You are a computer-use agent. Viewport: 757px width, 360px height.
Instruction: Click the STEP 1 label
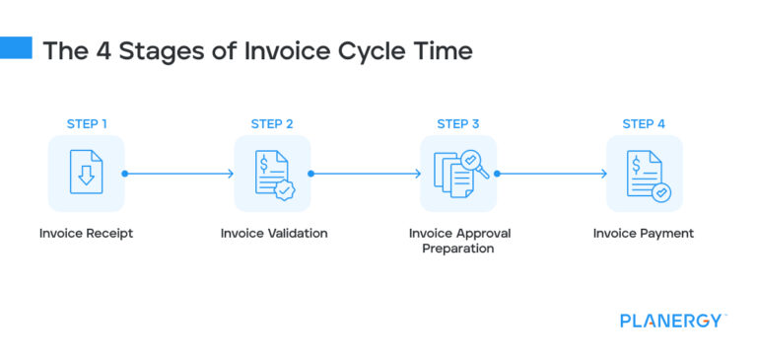87,124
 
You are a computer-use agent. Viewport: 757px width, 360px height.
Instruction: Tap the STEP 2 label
272,124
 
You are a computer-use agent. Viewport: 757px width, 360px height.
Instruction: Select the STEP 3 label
458,124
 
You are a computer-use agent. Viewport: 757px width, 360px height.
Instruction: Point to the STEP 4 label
644,124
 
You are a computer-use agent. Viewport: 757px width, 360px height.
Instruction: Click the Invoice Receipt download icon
87,174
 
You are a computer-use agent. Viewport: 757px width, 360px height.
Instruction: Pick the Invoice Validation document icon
272,174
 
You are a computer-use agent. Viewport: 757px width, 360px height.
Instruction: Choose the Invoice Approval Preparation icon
458,174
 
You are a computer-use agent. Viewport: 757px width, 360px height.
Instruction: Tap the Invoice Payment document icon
644,174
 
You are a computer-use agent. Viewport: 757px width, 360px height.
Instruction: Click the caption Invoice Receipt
87,234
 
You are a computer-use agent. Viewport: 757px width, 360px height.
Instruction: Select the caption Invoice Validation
273,234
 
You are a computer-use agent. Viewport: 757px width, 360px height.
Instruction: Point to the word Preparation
458,250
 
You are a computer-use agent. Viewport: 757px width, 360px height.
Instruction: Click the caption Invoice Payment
644,234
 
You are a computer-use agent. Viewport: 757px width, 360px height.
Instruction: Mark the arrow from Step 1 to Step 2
179,174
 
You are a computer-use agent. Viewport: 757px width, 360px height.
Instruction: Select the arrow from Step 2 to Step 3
365,174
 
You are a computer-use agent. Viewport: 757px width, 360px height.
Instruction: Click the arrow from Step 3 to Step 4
551,174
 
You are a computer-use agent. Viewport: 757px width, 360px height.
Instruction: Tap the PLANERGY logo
673,321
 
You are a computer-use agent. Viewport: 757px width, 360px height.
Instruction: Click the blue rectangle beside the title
16,48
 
